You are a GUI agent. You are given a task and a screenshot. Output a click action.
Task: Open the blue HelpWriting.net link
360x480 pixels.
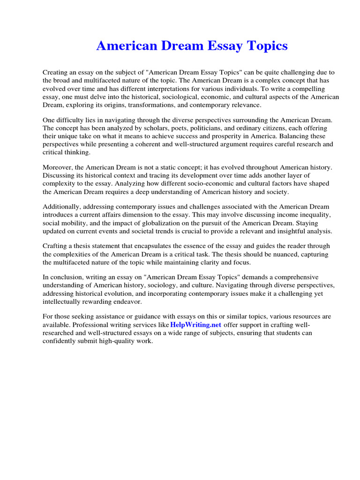(196, 325)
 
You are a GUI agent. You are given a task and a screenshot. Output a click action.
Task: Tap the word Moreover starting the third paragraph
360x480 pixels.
(58, 167)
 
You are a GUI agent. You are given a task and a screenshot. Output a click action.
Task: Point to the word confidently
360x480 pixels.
(60, 341)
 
